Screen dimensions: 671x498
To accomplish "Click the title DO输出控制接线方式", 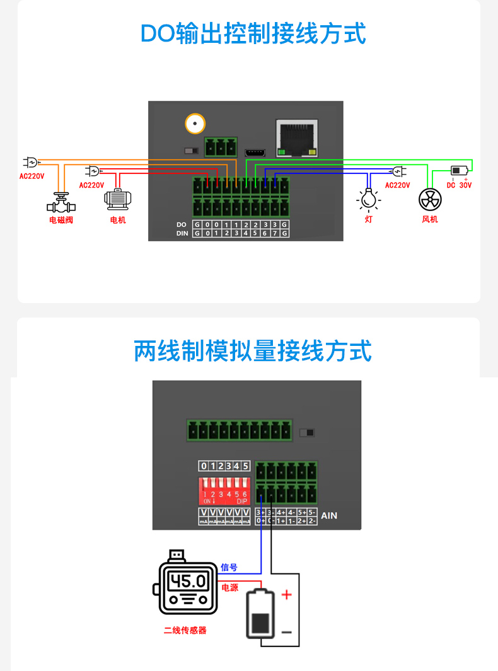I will click(253, 33).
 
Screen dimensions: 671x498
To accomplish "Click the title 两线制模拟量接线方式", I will click(253, 351).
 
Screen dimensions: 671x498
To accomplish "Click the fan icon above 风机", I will click(430, 199).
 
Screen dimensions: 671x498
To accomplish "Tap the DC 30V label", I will click(459, 185).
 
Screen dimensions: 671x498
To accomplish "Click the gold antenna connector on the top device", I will click(195, 123).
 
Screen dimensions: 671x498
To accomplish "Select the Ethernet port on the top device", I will click(296, 138).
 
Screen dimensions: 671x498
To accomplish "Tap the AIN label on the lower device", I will click(329, 515).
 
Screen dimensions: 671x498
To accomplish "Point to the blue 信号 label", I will click(229, 568).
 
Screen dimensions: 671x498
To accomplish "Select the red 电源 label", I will click(229, 588).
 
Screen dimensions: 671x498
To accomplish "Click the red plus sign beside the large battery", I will click(286, 594).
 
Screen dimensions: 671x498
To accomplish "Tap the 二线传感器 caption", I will click(185, 630).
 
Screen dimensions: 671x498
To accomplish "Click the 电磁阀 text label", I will click(61, 220).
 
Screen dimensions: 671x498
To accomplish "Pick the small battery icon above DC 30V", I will click(459, 170).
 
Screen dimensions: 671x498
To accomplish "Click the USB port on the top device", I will click(255, 152).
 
